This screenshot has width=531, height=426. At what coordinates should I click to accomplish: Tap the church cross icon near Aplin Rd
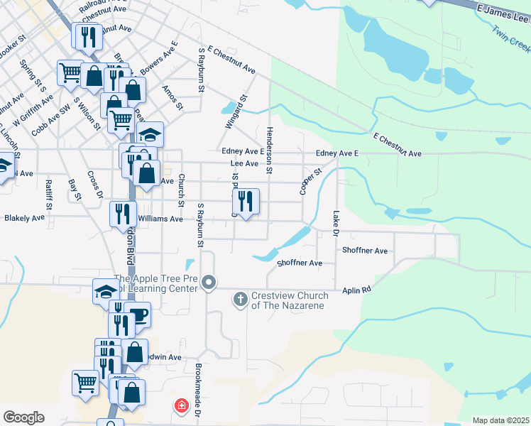click(x=240, y=300)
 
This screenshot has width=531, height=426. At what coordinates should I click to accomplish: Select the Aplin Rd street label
click(x=356, y=290)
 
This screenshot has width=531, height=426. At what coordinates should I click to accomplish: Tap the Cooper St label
click(x=311, y=181)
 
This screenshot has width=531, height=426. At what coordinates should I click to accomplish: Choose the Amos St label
click(x=173, y=99)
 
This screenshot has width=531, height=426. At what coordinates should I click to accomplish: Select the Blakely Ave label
click(x=24, y=219)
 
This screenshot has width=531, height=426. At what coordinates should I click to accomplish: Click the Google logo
click(x=23, y=417)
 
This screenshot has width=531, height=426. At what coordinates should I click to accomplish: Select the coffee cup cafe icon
click(x=138, y=314)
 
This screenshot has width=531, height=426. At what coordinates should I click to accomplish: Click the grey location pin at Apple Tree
click(x=209, y=283)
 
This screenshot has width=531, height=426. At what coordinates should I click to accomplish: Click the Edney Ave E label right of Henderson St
click(x=337, y=153)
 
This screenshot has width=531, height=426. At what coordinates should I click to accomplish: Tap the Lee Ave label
click(x=244, y=163)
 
